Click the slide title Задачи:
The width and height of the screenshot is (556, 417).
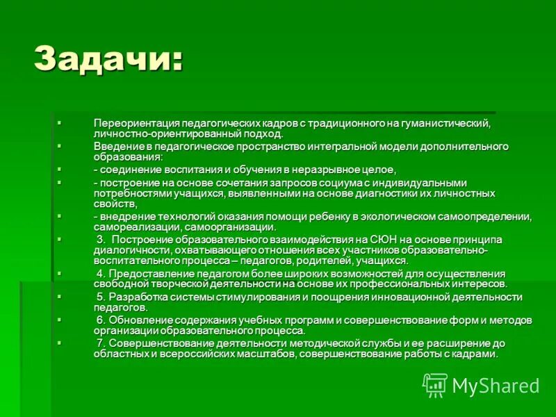click(x=109, y=58)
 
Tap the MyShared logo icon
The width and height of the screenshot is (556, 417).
click(x=435, y=384)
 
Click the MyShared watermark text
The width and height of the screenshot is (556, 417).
click(x=496, y=386)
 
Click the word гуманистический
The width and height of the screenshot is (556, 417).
click(x=448, y=123)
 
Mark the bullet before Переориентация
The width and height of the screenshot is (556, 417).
click(x=60, y=122)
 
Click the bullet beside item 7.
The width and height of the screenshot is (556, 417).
click(x=60, y=343)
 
